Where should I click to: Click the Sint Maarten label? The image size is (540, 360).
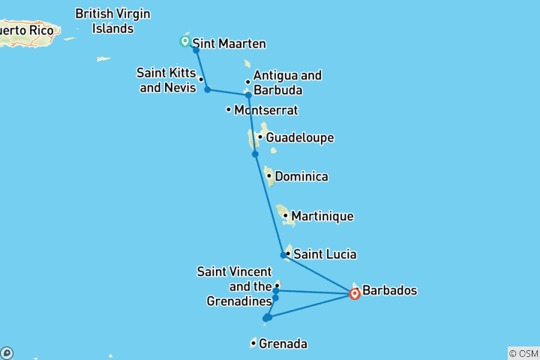click(229, 43)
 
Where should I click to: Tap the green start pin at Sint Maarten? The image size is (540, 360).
click(184, 41)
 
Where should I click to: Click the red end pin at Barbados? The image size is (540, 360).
click(355, 293)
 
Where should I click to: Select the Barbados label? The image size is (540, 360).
click(389, 290)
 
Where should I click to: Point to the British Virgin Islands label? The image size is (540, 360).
click(112, 21)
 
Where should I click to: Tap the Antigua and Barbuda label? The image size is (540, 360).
click(287, 82)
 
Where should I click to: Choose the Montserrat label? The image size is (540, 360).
click(265, 110)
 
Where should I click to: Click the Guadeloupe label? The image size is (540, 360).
click(299, 138)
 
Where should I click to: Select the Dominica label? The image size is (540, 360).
click(301, 177)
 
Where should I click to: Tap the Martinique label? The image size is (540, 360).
click(322, 216)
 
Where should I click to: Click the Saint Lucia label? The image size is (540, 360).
click(324, 254)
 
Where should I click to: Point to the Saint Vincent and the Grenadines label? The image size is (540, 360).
click(234, 286)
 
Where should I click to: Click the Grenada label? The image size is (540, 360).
click(283, 344)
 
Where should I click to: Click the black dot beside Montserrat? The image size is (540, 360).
click(229, 110)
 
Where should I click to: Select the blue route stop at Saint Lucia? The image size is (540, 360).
click(283, 255)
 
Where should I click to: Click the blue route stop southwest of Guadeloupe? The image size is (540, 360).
click(255, 154)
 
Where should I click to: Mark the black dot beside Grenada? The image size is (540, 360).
click(253, 344)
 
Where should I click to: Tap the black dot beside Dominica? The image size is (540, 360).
click(268, 177)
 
